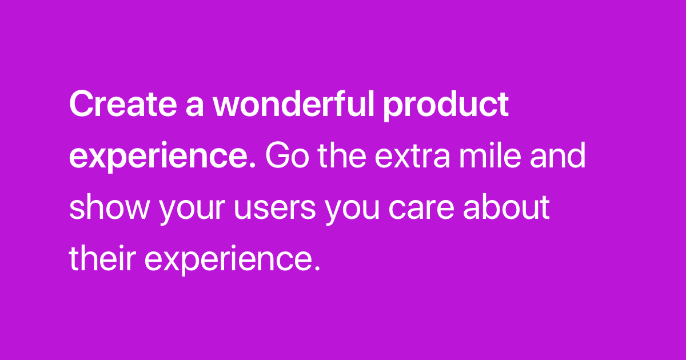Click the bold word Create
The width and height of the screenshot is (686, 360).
[123, 104]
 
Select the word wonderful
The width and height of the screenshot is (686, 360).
[293, 103]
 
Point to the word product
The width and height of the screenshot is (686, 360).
[446, 106]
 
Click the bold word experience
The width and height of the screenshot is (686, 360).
[158, 157]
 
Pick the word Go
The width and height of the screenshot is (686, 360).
[287, 155]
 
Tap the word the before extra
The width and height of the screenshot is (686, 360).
[342, 155]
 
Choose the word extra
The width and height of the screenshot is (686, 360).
[413, 157]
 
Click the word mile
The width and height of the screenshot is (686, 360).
[490, 155]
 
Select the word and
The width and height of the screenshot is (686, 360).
[558, 155]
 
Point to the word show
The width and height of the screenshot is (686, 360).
[109, 206]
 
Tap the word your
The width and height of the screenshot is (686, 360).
[192, 209]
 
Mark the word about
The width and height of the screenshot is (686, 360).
[506, 206]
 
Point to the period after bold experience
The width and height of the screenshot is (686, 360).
[252, 165]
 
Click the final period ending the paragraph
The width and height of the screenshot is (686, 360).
[317, 268]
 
